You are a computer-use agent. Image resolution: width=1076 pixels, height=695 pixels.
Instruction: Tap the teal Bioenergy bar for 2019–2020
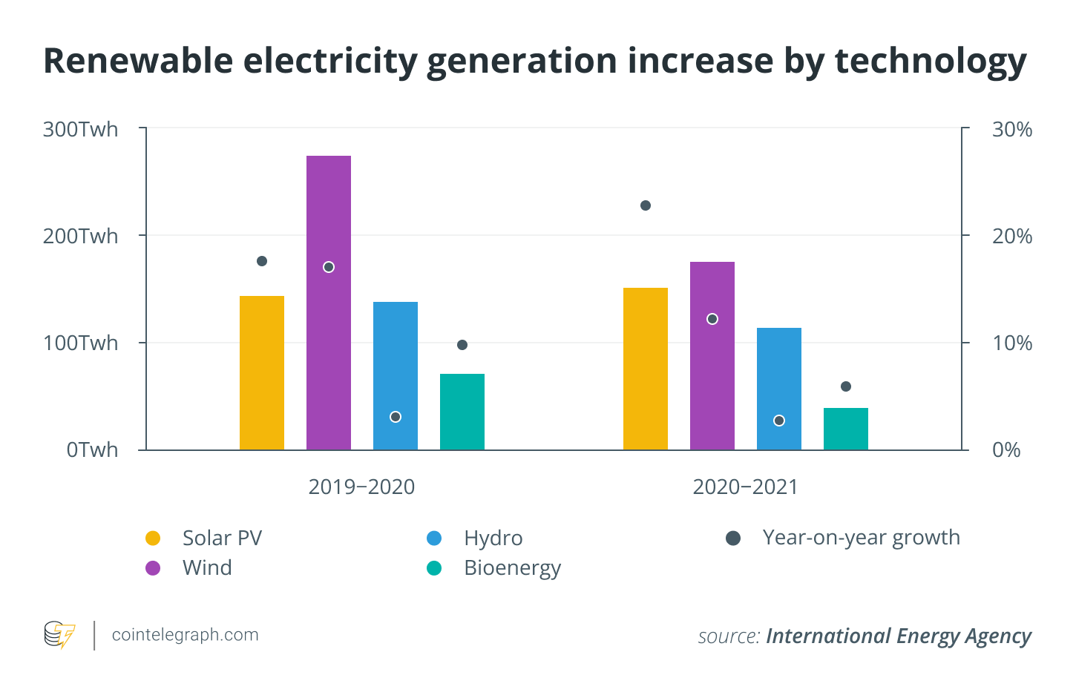[x=462, y=412]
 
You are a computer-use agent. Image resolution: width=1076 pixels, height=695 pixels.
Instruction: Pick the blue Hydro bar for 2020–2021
[x=779, y=389]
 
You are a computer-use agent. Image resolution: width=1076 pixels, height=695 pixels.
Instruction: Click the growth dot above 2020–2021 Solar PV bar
[x=646, y=205]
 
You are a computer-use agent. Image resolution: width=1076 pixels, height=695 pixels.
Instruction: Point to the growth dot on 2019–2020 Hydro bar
[x=396, y=417]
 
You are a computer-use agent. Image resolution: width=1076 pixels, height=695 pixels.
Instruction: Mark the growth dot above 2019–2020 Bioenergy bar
[x=462, y=345]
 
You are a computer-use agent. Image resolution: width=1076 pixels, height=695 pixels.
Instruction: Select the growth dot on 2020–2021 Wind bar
[x=712, y=319]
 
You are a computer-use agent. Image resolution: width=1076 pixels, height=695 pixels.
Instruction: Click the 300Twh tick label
[x=80, y=129]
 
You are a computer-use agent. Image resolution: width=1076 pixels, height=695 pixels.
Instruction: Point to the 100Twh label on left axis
[x=80, y=343]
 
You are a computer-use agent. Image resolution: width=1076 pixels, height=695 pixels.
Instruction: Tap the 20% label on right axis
[x=1012, y=236]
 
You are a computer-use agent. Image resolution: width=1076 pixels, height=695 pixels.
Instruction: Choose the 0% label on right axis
[x=1006, y=449]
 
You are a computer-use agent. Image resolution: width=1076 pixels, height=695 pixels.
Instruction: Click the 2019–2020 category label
[x=361, y=487]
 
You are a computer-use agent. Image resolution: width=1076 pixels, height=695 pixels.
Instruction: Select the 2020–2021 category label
[x=745, y=487]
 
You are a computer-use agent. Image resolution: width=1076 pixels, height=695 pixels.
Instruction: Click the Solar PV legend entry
[x=222, y=538]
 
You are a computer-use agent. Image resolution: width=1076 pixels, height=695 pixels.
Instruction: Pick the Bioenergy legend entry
[x=512, y=568]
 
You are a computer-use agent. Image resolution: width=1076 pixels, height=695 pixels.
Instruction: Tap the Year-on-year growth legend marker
[x=733, y=538]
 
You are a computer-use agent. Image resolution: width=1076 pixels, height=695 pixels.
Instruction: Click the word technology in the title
[x=931, y=61]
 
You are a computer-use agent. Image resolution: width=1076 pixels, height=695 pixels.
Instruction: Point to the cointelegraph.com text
[x=185, y=635]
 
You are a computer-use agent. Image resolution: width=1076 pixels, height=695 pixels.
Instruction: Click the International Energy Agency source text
[x=898, y=636]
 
